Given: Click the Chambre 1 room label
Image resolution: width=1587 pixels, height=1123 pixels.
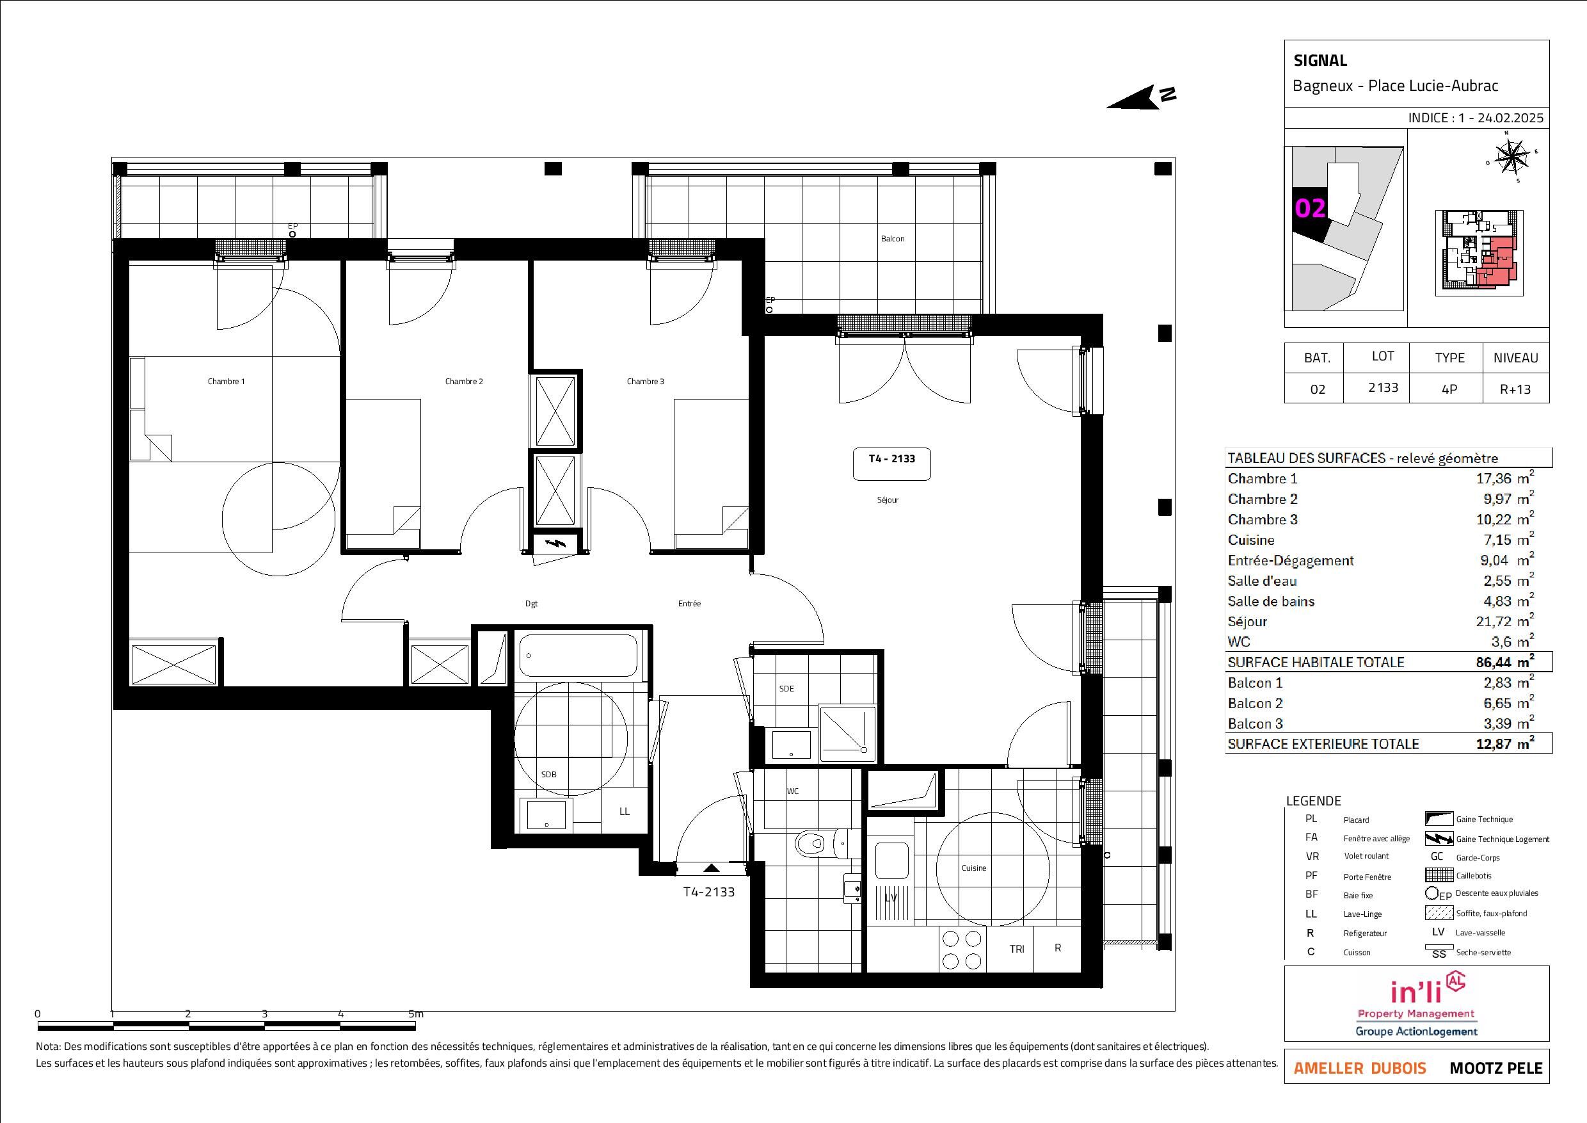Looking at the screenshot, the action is pyautogui.click(x=226, y=382).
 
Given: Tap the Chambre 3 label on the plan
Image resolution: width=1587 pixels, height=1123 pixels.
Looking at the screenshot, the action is pyautogui.click(x=645, y=382).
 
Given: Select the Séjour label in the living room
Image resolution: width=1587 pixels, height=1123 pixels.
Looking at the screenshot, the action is pyautogui.click(x=888, y=500).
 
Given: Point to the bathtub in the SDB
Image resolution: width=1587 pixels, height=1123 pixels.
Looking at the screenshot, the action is pyautogui.click(x=578, y=656).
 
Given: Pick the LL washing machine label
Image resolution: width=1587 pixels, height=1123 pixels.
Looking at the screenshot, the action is pyautogui.click(x=624, y=812).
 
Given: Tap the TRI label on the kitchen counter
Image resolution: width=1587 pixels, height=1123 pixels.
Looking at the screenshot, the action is pyautogui.click(x=1017, y=949).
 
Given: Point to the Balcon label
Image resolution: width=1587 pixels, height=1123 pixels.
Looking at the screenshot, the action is pyautogui.click(x=892, y=239).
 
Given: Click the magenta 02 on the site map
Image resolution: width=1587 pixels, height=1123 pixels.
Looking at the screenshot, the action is pyautogui.click(x=1310, y=208).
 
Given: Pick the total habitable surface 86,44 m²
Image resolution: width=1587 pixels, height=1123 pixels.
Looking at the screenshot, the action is pyautogui.click(x=1504, y=661).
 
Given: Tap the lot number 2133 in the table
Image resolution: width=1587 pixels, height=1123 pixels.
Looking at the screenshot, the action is pyautogui.click(x=1383, y=388).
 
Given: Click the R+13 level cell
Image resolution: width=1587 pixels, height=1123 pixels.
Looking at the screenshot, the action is pyautogui.click(x=1515, y=389).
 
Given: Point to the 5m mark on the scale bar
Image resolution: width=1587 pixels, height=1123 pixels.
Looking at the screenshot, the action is pyautogui.click(x=415, y=1014).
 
